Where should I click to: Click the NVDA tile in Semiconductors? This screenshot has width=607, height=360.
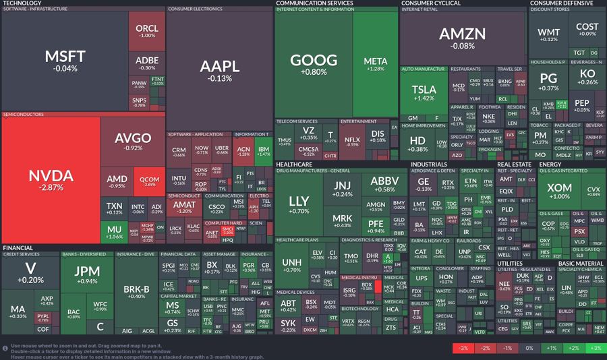tap(51, 180)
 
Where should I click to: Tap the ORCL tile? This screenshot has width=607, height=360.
tap(146, 31)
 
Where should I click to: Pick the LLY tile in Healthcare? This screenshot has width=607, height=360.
tap(299, 205)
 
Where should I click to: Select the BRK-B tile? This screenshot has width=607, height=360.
tap(136, 292)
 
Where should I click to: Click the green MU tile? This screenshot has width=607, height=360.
tap(115, 233)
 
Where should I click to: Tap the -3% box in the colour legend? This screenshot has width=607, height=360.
tap(463, 349)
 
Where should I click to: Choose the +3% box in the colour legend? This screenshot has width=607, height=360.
tap(596, 349)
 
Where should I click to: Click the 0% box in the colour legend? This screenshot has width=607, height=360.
tap(529, 349)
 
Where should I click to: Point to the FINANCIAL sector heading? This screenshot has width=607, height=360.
tap(18, 248)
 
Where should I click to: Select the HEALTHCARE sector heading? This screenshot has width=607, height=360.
tap(294, 164)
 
